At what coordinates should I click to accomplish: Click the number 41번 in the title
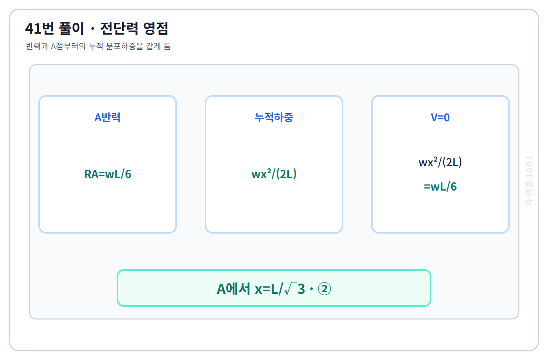(x=40, y=28)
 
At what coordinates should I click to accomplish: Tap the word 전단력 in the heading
(x=119, y=28)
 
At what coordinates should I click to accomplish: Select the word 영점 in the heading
(x=156, y=28)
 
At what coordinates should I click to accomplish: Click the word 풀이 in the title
(x=71, y=28)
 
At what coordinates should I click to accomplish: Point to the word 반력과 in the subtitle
(x=37, y=46)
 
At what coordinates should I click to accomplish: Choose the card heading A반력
(x=107, y=117)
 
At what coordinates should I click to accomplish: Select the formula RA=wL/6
(x=108, y=174)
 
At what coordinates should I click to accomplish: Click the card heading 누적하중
(x=274, y=117)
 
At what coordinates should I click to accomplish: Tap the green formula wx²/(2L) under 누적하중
(x=274, y=174)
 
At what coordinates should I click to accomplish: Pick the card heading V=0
(x=440, y=118)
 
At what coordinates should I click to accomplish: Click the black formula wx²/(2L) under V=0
(x=440, y=162)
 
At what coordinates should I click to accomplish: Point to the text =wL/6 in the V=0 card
(x=440, y=187)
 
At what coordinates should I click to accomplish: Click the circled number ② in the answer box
(x=324, y=289)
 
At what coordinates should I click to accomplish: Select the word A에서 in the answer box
(x=233, y=289)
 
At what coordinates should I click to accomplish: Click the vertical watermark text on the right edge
(x=529, y=180)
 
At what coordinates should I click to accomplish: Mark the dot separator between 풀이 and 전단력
(x=92, y=29)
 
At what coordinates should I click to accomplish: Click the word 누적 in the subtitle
(x=96, y=46)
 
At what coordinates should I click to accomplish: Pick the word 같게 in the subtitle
(x=153, y=46)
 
